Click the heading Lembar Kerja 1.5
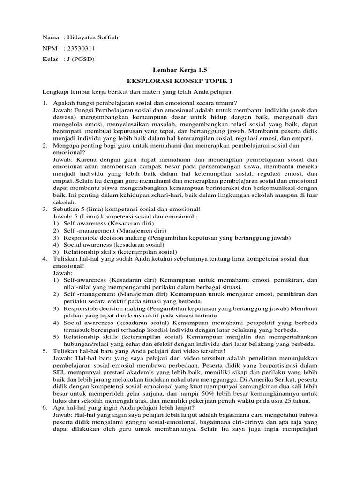(x=180, y=69)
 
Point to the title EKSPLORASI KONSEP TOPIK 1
(x=180, y=81)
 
